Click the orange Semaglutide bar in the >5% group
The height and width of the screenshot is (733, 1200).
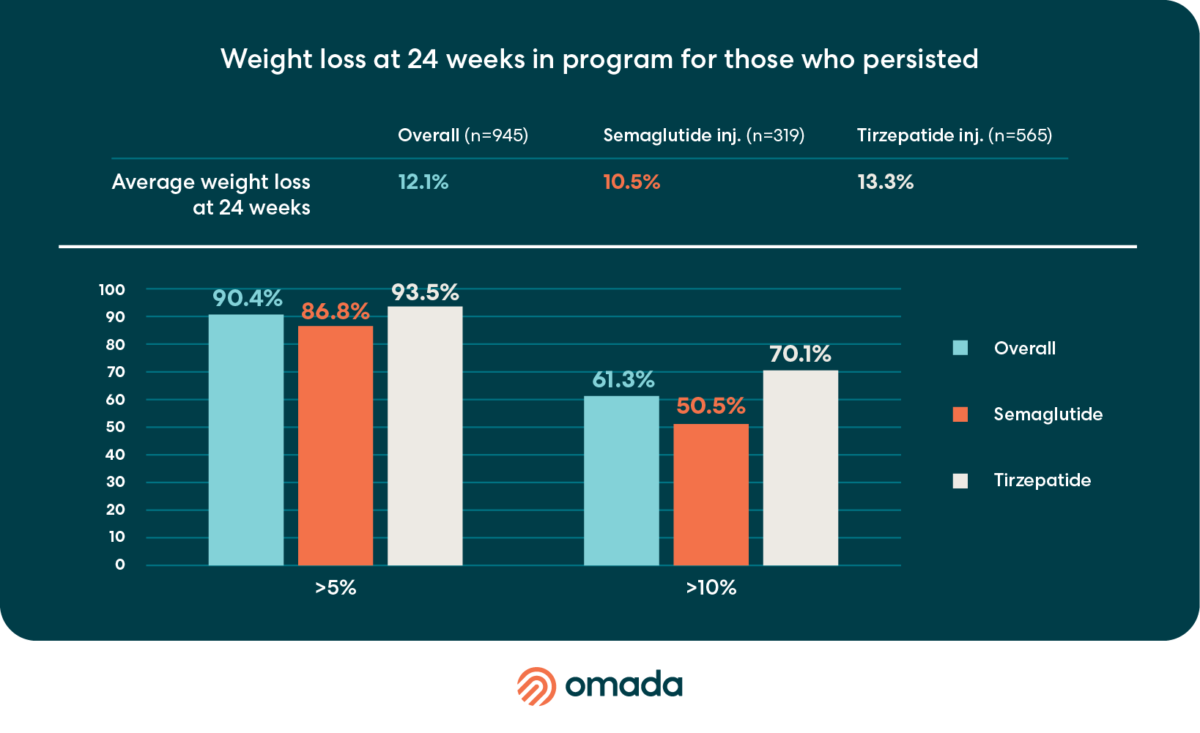tap(336, 445)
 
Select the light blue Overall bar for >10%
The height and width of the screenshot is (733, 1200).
tap(621, 480)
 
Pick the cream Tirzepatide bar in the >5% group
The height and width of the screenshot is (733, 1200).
tap(425, 436)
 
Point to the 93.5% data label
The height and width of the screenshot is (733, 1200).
tap(425, 293)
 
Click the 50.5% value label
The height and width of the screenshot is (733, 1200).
tap(711, 406)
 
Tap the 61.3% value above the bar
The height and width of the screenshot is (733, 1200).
tap(623, 380)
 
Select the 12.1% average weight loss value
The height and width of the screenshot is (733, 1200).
tap(423, 182)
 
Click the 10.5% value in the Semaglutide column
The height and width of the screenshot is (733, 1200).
tap(632, 182)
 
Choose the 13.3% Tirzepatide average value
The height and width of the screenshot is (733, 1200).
tap(886, 182)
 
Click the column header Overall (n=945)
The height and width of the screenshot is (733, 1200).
tap(463, 135)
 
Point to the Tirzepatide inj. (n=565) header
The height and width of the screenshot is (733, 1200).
tap(955, 135)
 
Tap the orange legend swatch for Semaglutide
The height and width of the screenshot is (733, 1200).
tap(960, 414)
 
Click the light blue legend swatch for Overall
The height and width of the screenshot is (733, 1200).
tap(960, 348)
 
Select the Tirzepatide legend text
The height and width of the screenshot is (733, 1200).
tap(1042, 480)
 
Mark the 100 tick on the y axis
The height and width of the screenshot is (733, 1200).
tap(112, 290)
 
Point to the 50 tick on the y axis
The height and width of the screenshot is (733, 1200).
tap(115, 427)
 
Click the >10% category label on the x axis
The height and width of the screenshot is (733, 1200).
tap(711, 588)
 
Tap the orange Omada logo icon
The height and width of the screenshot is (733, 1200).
tap(537, 686)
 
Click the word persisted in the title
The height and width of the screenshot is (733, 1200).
tap(920, 60)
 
